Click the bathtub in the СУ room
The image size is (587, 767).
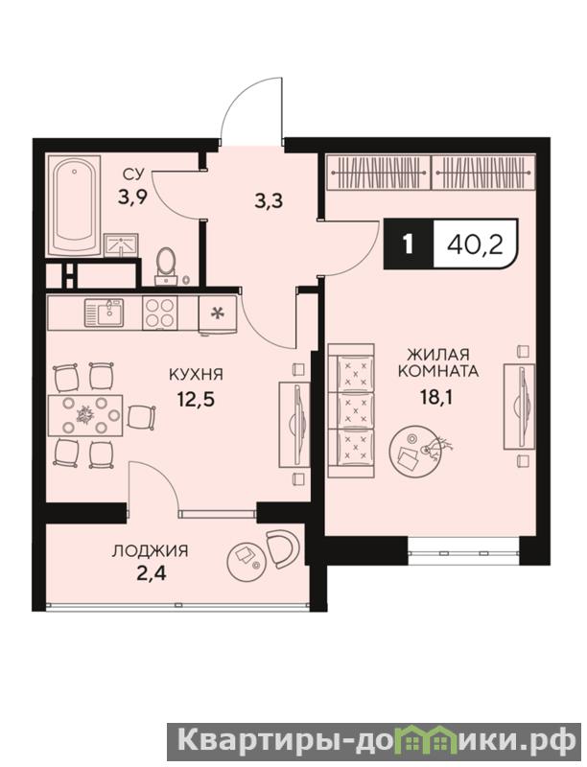coord(75,205)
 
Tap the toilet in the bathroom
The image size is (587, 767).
coord(167,265)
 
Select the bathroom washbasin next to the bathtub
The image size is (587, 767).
coord(121,244)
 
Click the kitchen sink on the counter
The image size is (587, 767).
coord(104,314)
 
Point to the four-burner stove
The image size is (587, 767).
coord(160,314)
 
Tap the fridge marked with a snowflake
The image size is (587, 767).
coord(217,314)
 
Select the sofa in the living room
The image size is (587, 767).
coord(351,410)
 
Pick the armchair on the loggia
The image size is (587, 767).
coord(282,547)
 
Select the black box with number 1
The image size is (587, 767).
coord(409,244)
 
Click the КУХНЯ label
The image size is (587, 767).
coord(196,375)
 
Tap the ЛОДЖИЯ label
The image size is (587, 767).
coord(151,551)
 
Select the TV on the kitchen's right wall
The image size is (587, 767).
coord(295,425)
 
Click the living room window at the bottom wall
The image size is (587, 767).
coord(463,551)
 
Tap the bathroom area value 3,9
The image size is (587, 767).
coord(132,198)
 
